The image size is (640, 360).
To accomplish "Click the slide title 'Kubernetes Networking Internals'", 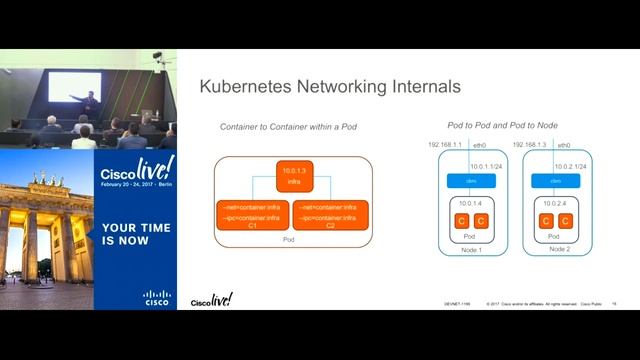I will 330,87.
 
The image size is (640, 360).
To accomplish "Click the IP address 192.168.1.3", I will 531,145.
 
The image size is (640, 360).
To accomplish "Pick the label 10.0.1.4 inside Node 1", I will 471,203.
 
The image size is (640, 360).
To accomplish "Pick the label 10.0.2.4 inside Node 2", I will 556,203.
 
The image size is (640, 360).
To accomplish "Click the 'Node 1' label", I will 471,249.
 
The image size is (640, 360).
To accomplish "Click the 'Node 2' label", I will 556,249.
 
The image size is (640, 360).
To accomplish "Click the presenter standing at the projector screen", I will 90,101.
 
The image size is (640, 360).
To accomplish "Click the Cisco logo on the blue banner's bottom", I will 157,297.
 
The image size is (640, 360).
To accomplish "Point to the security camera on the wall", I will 158,57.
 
